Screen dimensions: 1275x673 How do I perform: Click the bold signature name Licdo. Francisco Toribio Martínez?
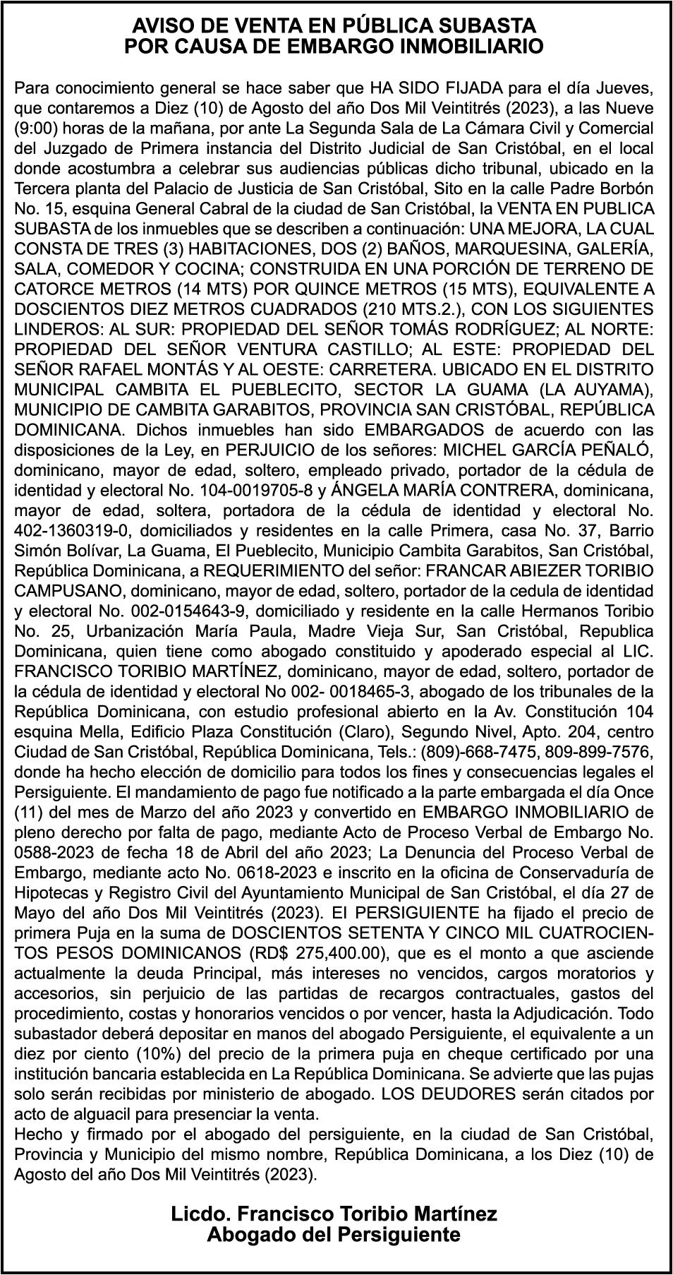click(x=334, y=1214)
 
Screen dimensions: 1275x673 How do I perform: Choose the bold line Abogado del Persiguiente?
click(x=334, y=1235)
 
